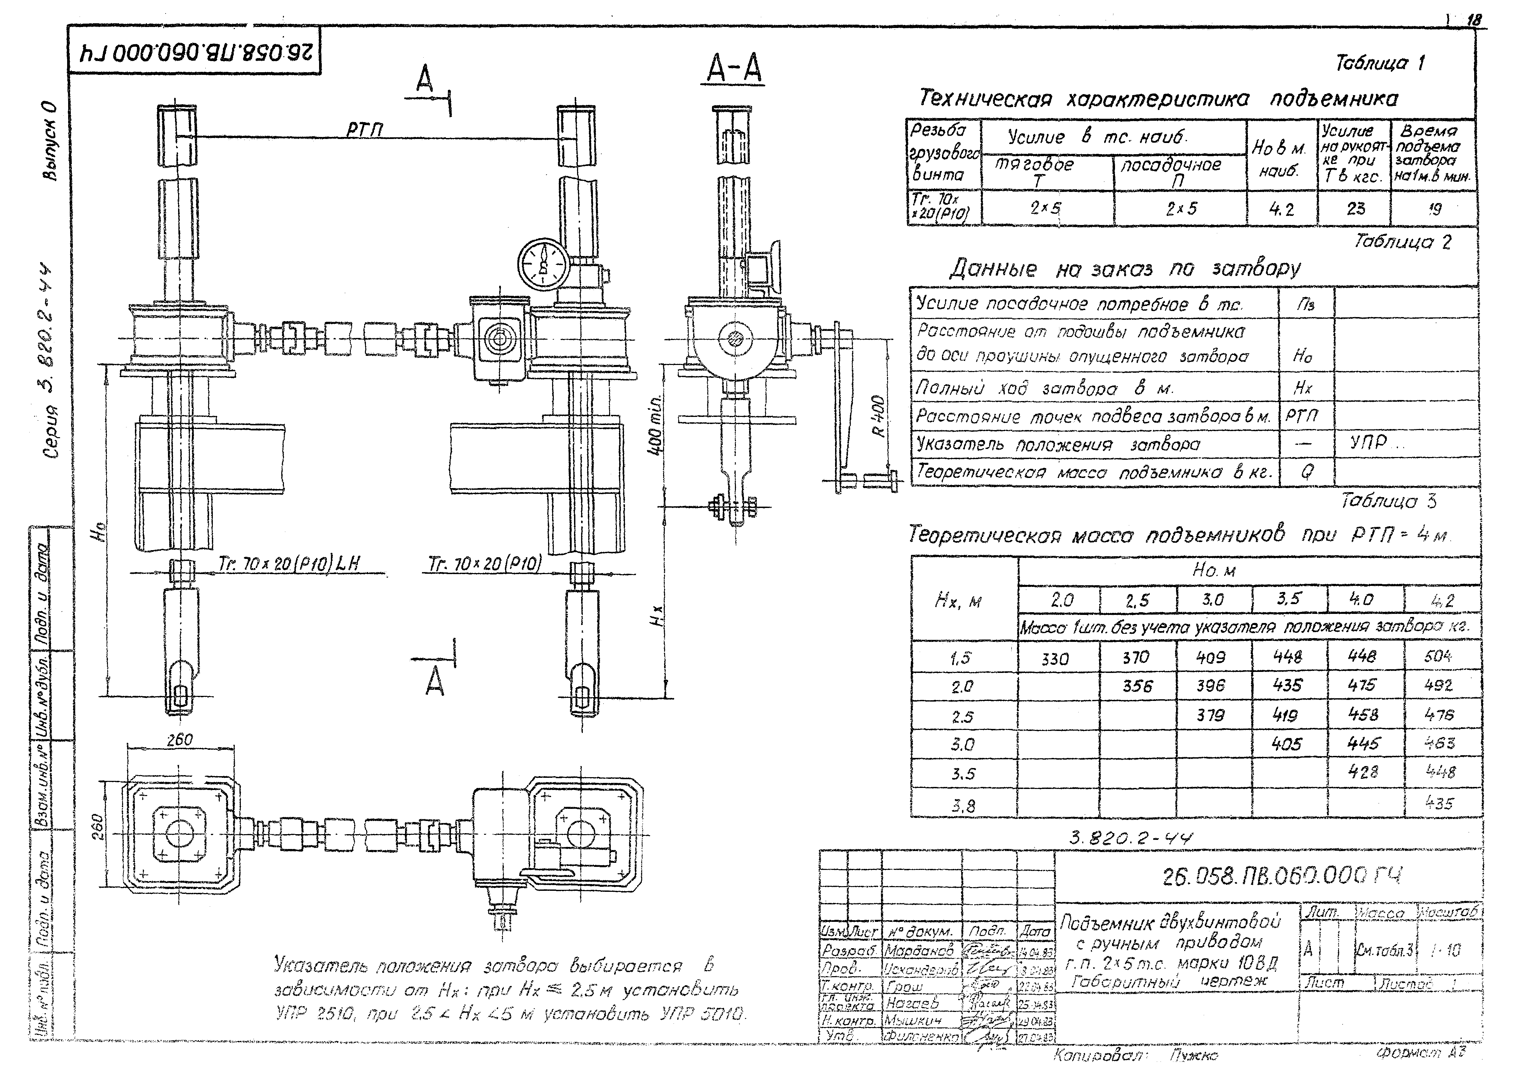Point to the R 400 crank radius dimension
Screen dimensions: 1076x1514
[878, 416]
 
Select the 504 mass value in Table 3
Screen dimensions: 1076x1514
[1438, 657]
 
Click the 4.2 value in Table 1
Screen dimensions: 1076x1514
[1282, 209]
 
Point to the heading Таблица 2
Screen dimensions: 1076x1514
[1402, 242]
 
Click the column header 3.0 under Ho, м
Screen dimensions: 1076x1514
[1213, 600]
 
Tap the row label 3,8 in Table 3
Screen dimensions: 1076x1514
[963, 806]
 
